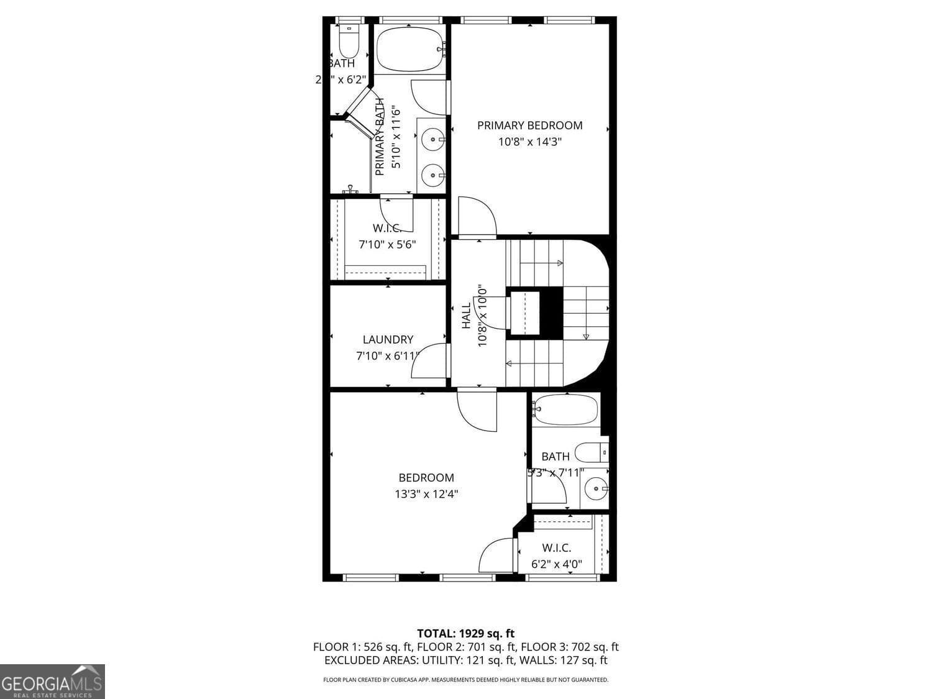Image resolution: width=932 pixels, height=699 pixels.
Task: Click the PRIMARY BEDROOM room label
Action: tap(529, 126)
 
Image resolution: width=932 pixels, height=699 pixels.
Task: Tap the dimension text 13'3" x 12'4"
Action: tap(426, 495)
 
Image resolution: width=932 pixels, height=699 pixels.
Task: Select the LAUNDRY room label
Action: tap(388, 340)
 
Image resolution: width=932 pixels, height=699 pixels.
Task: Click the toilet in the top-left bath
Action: tap(349, 41)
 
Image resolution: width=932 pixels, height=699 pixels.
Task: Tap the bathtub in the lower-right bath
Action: tap(565, 409)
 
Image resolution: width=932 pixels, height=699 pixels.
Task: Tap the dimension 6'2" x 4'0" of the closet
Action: tap(557, 565)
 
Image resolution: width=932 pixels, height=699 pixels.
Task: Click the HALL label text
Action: tap(467, 316)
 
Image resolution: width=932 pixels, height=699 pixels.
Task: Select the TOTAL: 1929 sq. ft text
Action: tap(465, 634)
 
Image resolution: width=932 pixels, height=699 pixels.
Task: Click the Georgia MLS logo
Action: tap(52, 682)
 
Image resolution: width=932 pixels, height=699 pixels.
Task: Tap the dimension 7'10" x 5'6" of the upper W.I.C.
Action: tap(387, 245)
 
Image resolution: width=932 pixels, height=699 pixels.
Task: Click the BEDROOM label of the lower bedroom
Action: tap(426, 478)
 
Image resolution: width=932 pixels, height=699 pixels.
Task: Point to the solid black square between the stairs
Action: tap(551, 313)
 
